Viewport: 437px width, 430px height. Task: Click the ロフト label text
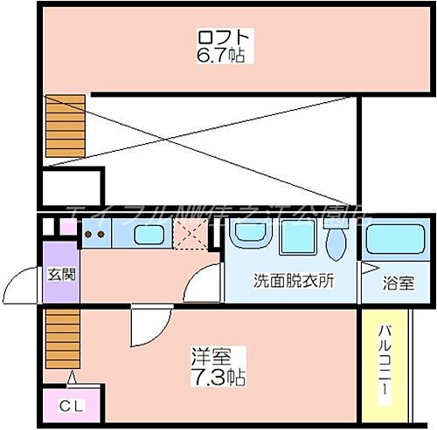pyautogui.click(x=225, y=38)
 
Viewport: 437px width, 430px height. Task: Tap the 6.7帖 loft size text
pyautogui.click(x=225, y=55)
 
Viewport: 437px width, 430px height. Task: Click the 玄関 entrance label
pyautogui.click(x=59, y=273)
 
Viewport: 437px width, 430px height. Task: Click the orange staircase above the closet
pyautogui.click(x=61, y=340)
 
